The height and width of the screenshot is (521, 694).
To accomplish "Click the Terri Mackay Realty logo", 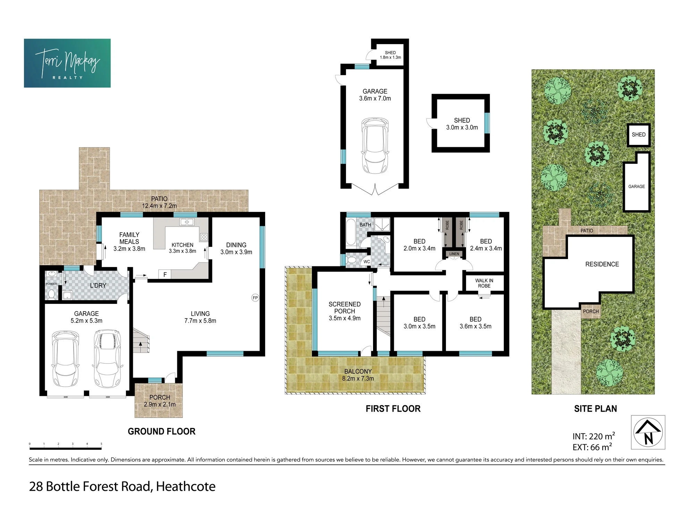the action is pos(67,63).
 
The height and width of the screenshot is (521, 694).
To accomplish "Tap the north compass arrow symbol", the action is pos(648,432).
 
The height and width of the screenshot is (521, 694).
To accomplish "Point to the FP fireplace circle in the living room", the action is pos(255,298).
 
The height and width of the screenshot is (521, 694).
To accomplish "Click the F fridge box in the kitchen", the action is pos(165,274).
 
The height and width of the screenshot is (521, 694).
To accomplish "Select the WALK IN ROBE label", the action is pos(484,283).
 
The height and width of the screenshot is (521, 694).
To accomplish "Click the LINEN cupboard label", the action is pos(454,254).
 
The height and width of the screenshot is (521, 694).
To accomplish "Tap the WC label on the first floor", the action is pos(367,262).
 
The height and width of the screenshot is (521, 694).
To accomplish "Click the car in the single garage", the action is pos(375,146).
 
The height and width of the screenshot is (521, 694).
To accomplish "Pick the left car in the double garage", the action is pos(65,359).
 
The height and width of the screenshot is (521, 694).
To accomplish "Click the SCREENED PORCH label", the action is pos(345,308).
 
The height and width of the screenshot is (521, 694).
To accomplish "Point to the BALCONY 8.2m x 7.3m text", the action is pos(358,375).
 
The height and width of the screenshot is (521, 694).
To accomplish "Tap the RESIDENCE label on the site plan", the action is pos(602,264).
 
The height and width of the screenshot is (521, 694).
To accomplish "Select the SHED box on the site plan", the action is pos(638,135).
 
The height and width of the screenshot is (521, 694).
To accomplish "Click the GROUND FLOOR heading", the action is pos(162,431).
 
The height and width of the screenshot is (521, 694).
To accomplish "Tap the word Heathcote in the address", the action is pos(186,487).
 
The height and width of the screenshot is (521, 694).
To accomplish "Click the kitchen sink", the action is pos(187,222).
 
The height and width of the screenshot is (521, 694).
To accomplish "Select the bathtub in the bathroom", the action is pos(351,232).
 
